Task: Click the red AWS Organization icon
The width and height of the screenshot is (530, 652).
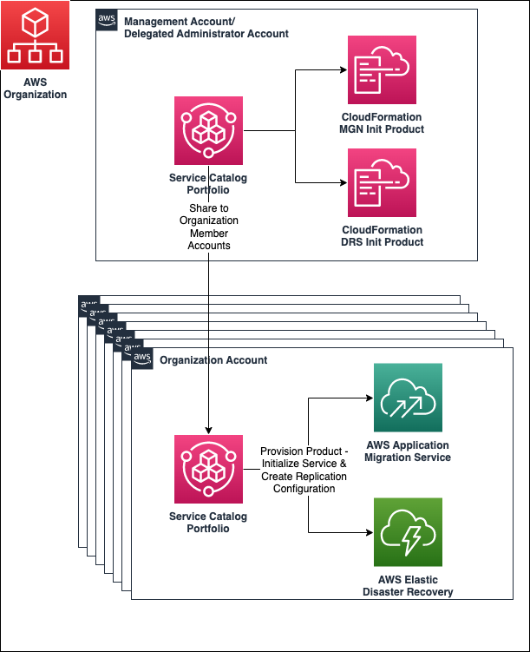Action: [35, 36]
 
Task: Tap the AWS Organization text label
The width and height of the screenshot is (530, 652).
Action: [35, 89]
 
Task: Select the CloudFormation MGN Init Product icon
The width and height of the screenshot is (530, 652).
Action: [382, 70]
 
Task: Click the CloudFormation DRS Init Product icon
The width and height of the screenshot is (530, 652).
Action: [382, 182]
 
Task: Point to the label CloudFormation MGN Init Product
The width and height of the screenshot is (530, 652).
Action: [382, 123]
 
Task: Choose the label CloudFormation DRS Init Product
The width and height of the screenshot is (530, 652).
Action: [382, 236]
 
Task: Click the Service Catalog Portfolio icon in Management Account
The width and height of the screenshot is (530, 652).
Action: [208, 130]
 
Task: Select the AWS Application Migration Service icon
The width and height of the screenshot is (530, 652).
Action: [408, 398]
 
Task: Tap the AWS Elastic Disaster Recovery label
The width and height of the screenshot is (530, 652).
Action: [408, 586]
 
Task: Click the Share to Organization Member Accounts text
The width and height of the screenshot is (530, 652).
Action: [208, 227]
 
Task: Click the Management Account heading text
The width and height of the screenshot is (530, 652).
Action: [206, 27]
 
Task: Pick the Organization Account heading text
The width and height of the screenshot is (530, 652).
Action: [213, 359]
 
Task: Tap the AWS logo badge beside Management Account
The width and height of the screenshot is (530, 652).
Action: [108, 19]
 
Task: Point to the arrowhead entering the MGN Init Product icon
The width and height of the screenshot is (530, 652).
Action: [342, 71]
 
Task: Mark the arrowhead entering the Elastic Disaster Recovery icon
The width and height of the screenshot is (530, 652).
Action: [368, 532]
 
